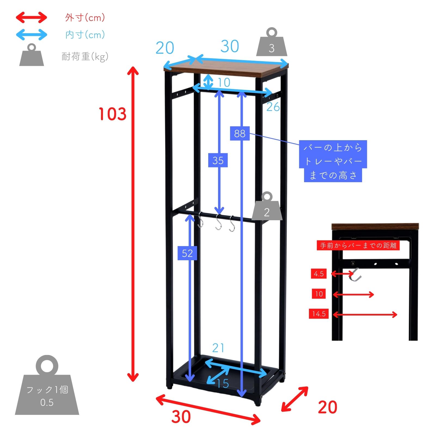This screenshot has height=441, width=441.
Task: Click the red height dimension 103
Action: pyautogui.click(x=112, y=114)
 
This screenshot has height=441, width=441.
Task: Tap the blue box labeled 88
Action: pyautogui.click(x=240, y=133)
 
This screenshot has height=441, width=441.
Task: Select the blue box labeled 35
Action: pyautogui.click(x=218, y=160)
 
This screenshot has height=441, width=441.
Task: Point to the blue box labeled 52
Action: pyautogui.click(x=187, y=253)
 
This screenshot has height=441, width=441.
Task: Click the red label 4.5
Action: pyautogui.click(x=319, y=274)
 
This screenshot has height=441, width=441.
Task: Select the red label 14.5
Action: pyautogui.click(x=319, y=314)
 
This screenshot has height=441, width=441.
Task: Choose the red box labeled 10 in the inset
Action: pyautogui.click(x=319, y=294)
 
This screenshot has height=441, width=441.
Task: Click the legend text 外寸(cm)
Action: pyautogui.click(x=85, y=18)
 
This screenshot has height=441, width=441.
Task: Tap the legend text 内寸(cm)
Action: pyautogui.click(x=85, y=35)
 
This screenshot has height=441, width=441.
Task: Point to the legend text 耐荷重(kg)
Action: pyautogui.click(x=85, y=57)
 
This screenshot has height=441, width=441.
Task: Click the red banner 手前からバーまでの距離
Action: pyautogui.click(x=358, y=246)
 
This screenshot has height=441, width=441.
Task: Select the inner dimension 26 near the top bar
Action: pyautogui.click(x=273, y=107)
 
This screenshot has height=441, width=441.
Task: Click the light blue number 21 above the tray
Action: pyautogui.click(x=218, y=348)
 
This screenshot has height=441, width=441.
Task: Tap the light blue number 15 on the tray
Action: pyautogui.click(x=223, y=384)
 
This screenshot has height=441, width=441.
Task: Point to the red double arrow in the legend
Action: pyautogui.click(x=31, y=18)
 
